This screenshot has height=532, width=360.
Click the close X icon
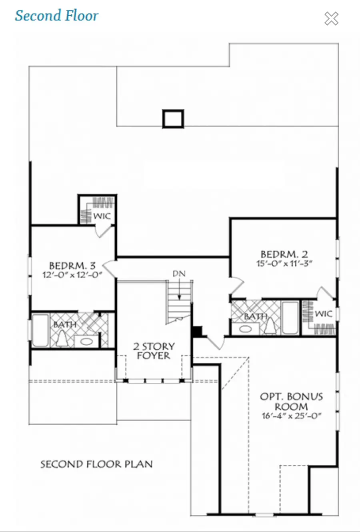pos(331,18)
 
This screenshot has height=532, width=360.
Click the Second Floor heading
pos(56,16)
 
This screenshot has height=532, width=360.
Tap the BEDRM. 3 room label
pos(72,265)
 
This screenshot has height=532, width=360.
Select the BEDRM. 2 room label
pos(284,254)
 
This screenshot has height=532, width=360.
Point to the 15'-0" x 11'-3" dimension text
pos(284,263)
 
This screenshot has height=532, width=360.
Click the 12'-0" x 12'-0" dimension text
pos(72,275)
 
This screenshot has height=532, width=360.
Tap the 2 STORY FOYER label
pos(154,351)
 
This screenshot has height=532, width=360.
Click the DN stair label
pos(179,274)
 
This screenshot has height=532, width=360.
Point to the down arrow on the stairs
pos(180,289)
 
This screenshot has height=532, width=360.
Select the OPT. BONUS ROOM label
pos(291,401)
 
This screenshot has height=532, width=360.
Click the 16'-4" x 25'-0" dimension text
pos(291,416)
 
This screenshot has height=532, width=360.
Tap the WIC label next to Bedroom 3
pos(102,216)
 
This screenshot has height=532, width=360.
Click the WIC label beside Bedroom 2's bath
pos(324,314)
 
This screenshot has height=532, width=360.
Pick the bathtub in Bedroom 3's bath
pos(40,330)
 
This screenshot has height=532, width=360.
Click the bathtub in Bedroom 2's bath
pos(290,318)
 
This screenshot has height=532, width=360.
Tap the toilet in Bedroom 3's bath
pos(62,339)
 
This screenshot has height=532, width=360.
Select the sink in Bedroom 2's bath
pos(246,329)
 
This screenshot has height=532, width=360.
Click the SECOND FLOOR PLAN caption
pos(96,464)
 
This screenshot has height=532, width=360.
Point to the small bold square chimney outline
pos(173,119)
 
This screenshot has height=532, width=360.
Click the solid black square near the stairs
pos(197,331)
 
